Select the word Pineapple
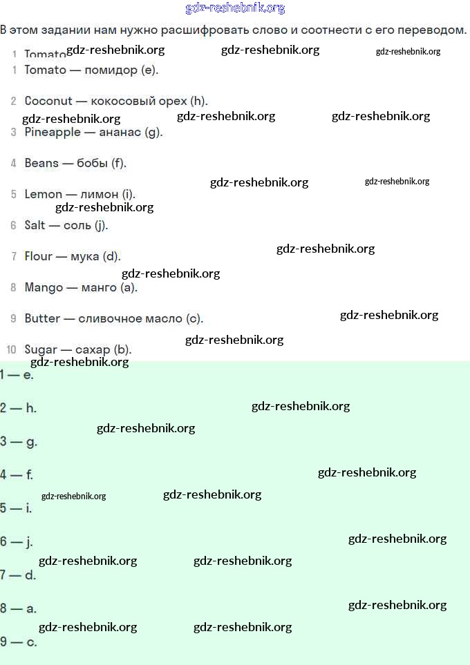point(53,132)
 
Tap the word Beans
point(41,163)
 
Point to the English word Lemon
point(44,194)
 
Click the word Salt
point(35,225)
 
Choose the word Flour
point(39,256)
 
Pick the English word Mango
point(44,287)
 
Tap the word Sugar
point(41,349)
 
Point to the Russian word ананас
point(120,132)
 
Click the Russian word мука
point(85,256)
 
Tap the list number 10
point(11,349)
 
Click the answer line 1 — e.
point(17,375)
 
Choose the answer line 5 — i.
point(16,508)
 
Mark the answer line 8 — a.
point(18,608)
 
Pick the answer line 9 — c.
point(18,642)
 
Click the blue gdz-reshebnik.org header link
point(235,8)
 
